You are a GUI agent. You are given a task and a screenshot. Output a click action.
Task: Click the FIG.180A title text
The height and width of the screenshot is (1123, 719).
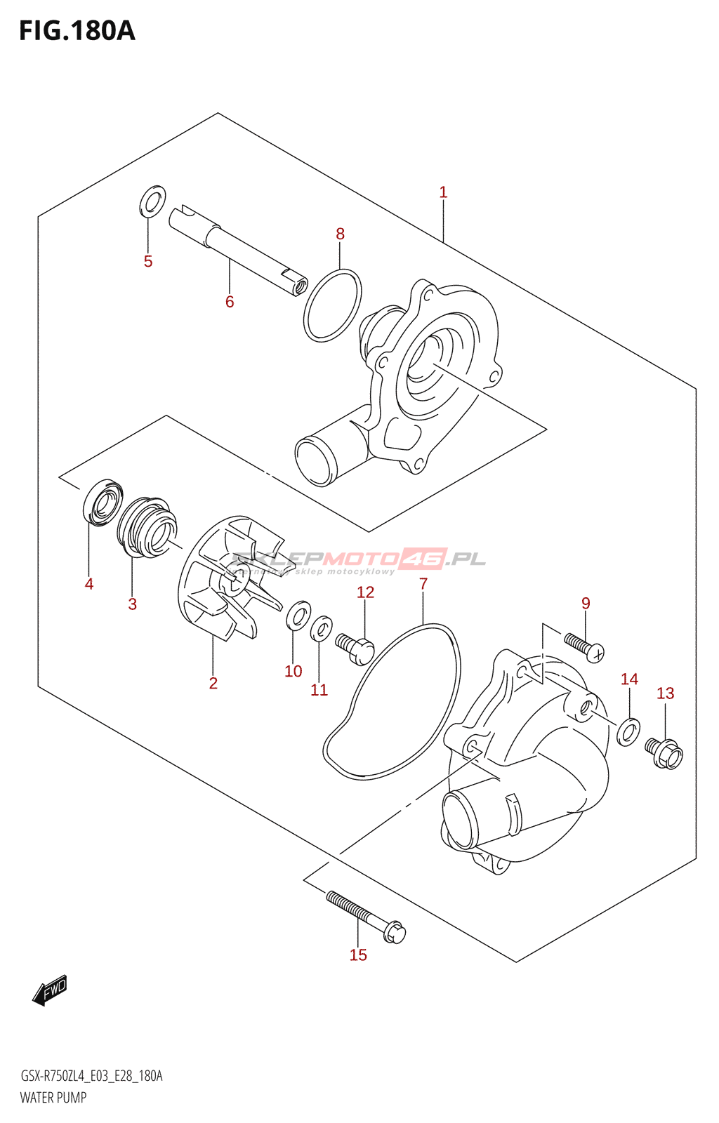coord(77,31)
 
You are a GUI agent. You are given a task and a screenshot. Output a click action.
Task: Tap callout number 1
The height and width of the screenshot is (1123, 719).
coord(443,192)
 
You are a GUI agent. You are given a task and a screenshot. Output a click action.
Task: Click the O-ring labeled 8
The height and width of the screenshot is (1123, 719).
coord(333,305)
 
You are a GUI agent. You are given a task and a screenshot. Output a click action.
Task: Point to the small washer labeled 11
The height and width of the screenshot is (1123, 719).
coord(321,627)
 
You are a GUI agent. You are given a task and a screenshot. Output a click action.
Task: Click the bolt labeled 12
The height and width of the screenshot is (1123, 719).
coord(355,647)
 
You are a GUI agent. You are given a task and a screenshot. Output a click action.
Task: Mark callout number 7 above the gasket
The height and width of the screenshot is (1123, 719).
coord(423,584)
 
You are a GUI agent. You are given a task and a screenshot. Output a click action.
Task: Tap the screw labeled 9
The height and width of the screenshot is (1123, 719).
coord(584,646)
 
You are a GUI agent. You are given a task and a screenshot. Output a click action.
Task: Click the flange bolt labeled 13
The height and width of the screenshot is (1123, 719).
coord(664,753)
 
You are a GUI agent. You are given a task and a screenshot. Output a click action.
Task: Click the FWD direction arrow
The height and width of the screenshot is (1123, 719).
coord(50,991)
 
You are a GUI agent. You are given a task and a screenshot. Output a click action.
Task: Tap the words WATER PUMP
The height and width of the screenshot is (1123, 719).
coord(53,1098)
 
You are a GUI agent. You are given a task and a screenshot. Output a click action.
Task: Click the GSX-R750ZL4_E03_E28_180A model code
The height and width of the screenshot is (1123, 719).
coord(91,1076)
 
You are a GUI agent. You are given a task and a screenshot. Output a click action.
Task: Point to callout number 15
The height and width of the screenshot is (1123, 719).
coord(358,955)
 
